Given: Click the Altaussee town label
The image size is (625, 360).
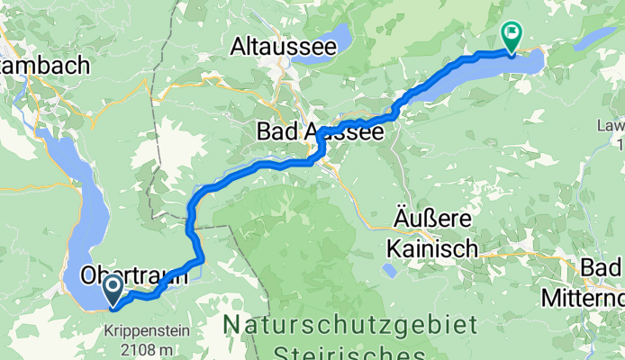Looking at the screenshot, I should coord(276,45).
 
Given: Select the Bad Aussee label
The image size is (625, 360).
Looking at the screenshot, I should coord(321,131).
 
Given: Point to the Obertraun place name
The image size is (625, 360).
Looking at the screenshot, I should coord(135,275).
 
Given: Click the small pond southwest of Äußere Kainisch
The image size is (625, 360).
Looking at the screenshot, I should coord(388,270).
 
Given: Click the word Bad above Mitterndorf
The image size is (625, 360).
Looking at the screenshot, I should coord(603,268).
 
